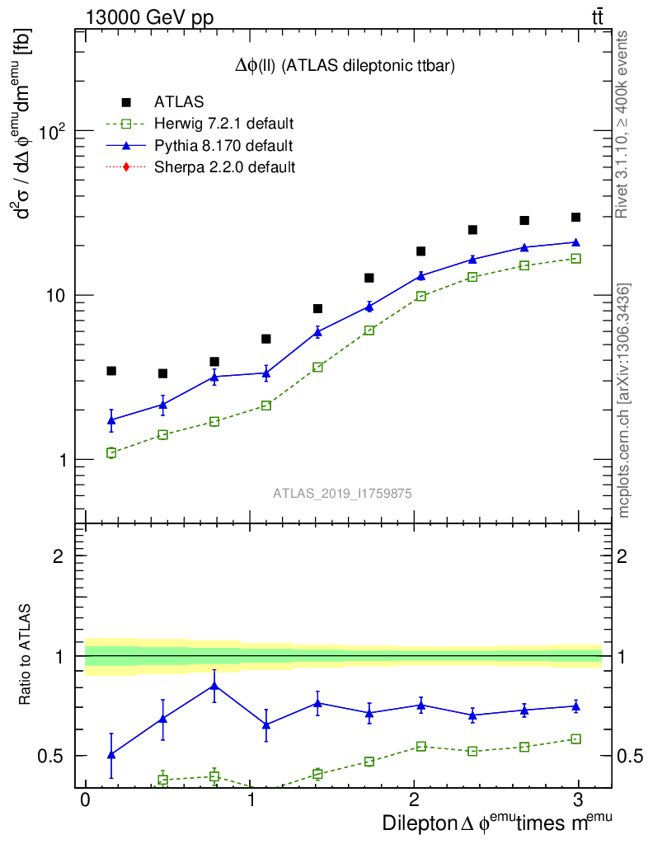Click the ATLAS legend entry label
click(x=179, y=102)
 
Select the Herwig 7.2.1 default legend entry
click(x=223, y=124)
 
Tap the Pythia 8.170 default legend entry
click(x=223, y=146)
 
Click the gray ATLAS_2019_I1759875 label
click(x=342, y=493)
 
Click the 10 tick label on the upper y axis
click(x=54, y=296)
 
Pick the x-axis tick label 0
click(x=85, y=800)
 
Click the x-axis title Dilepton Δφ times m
click(x=497, y=823)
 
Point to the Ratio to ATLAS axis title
click(x=26, y=656)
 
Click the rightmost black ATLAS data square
click(x=575, y=218)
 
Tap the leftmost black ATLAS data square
click(x=111, y=371)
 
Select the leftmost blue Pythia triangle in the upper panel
click(x=111, y=420)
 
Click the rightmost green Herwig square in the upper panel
click(x=575, y=259)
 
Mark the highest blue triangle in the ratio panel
click(x=214, y=685)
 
